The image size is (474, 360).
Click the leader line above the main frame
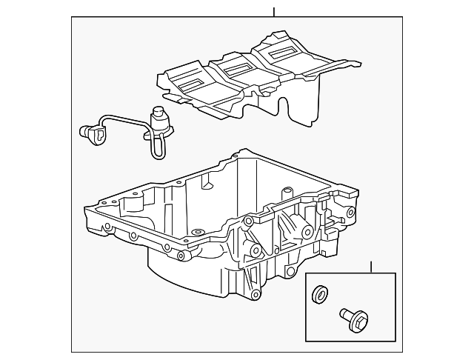(x=274, y=12)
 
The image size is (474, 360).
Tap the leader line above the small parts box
(x=371, y=267)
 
